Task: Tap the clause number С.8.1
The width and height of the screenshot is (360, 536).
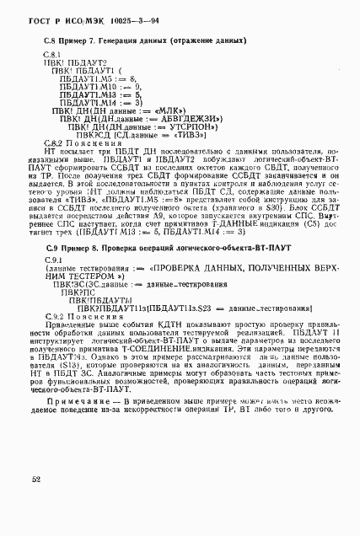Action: [52, 54]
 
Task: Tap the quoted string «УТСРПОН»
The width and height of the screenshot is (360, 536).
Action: [195, 126]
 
